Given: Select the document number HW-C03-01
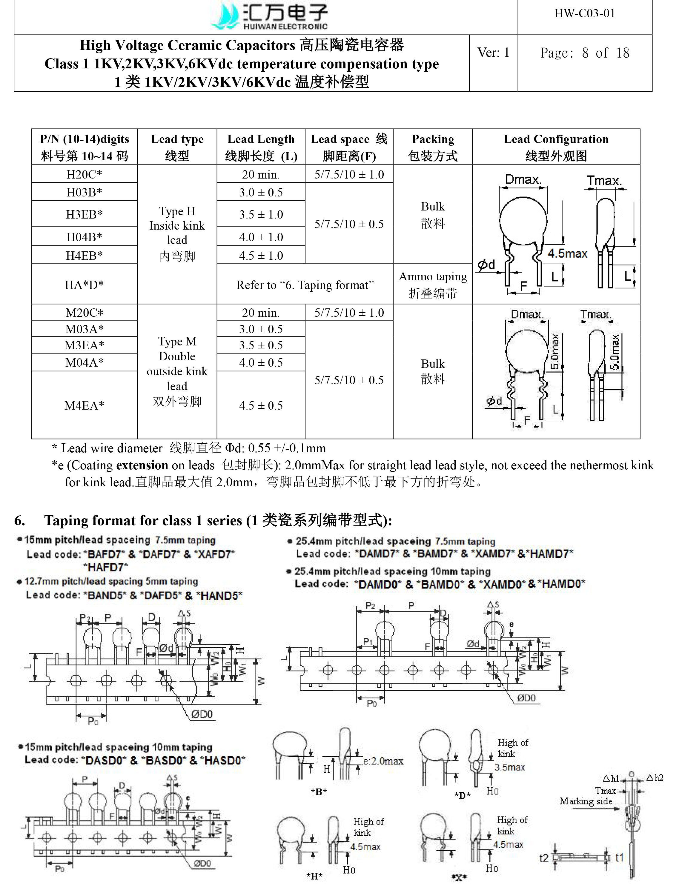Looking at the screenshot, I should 584,14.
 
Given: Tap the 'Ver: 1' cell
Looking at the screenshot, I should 493,53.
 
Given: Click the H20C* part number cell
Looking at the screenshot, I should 84,174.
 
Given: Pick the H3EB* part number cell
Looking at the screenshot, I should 84,214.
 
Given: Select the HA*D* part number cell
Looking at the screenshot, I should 84,285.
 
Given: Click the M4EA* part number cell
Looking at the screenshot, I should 84,405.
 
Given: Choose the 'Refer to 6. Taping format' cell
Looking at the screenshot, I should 305,285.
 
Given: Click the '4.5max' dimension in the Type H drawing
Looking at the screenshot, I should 567,254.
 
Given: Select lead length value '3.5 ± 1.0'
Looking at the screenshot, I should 261,214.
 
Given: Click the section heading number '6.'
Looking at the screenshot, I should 19,520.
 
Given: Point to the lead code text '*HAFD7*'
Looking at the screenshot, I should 105,567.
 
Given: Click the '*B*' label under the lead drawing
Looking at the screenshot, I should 319,791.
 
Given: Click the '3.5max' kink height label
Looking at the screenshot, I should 510,767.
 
